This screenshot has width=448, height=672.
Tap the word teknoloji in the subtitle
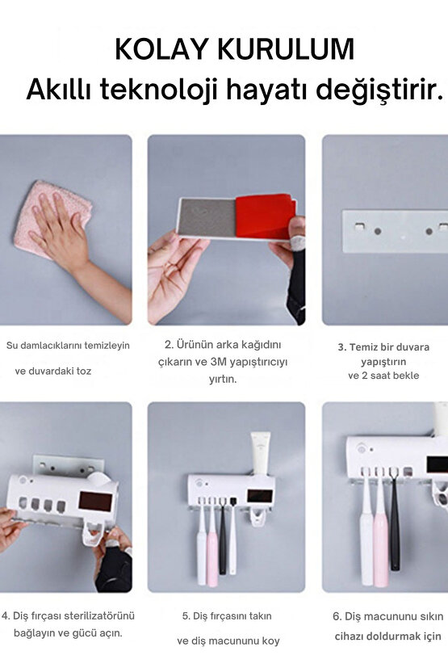158,90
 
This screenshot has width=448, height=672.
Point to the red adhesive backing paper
264,216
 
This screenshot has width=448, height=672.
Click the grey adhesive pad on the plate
207,216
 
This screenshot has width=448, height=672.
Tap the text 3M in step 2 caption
219,362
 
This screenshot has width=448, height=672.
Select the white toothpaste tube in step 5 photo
261,454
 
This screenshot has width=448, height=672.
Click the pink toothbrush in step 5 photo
212,542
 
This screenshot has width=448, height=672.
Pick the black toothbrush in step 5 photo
222,536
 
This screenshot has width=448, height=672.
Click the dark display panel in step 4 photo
95,501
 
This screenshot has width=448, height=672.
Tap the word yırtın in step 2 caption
223,380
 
